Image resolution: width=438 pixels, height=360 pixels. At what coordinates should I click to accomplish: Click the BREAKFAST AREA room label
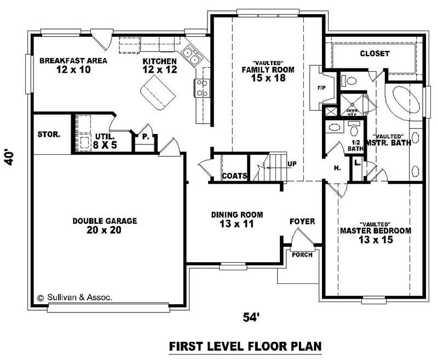pyautogui.click(x=73, y=65)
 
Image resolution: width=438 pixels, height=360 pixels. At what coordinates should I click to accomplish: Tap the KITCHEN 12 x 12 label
pyautogui.click(x=159, y=65)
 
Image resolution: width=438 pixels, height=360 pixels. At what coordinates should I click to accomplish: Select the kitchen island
pyautogui.click(x=156, y=91)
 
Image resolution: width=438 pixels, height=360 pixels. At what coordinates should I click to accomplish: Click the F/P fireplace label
pyautogui.click(x=321, y=88)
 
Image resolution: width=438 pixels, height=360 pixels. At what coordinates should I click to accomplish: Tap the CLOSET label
pyautogui.click(x=374, y=54)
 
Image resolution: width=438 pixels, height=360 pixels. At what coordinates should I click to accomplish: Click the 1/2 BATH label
pyautogui.click(x=356, y=145)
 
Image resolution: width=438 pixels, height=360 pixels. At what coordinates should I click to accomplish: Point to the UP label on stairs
pyautogui.click(x=291, y=164)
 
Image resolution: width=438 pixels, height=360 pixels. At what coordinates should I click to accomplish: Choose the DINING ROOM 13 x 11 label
pyautogui.click(x=237, y=219)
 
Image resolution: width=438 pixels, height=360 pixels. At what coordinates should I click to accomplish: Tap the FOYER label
pyautogui.click(x=302, y=221)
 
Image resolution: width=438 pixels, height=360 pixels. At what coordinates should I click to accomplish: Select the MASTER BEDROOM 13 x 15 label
pyautogui.click(x=375, y=235)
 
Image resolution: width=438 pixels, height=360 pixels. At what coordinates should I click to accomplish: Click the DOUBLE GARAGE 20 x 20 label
pyautogui.click(x=105, y=225)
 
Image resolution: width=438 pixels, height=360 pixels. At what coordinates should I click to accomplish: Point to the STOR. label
pyautogui.click(x=48, y=134)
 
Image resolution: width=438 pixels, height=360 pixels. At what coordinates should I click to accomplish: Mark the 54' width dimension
pyautogui.click(x=250, y=316)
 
